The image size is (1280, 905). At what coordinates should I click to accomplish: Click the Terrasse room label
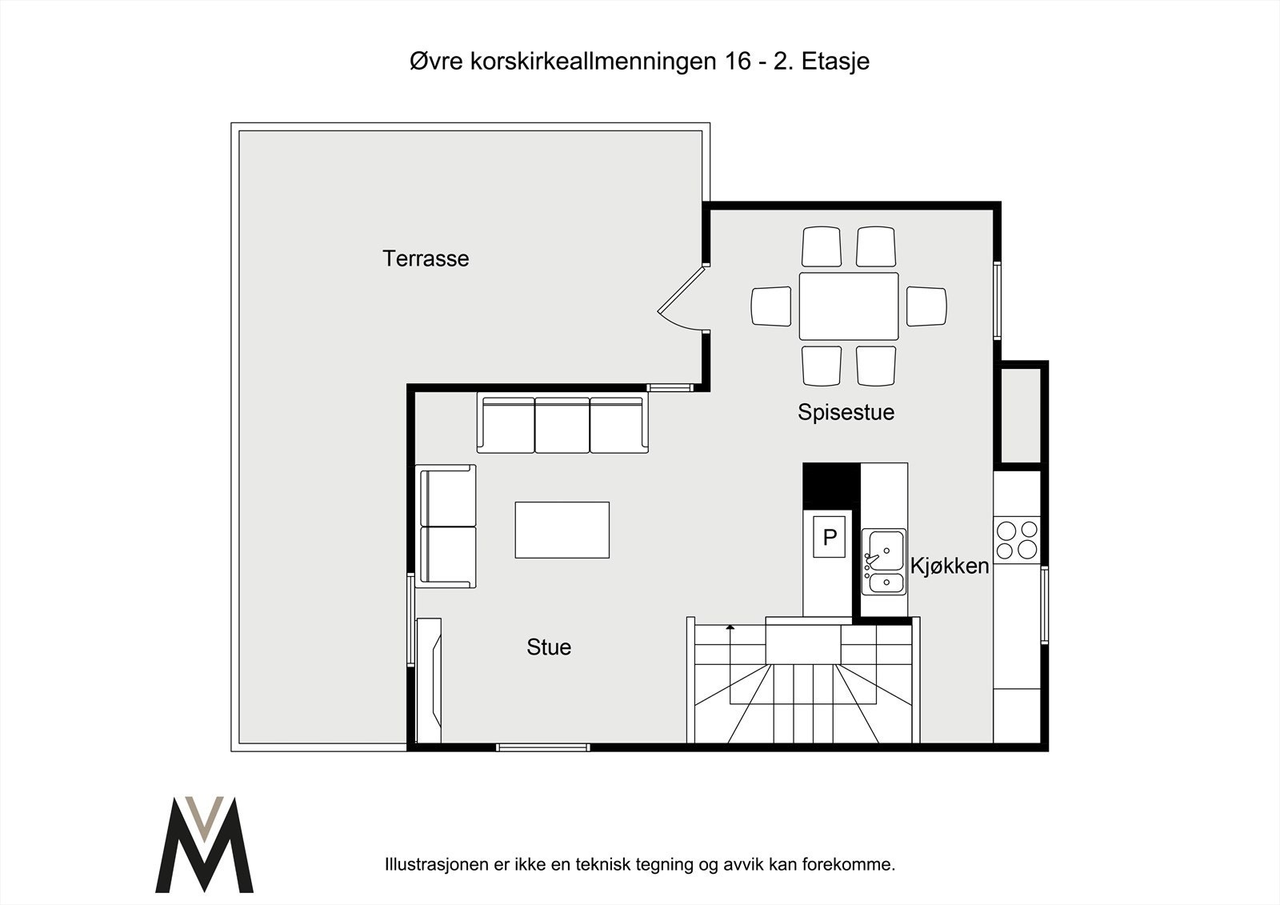pyautogui.click(x=426, y=258)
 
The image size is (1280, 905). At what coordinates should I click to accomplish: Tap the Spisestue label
pyautogui.click(x=846, y=412)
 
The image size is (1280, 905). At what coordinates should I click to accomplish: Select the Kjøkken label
pyautogui.click(x=950, y=566)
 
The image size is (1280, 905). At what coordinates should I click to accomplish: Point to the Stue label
pyautogui.click(x=549, y=647)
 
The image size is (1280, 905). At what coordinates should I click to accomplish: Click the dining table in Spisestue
pyautogui.click(x=849, y=306)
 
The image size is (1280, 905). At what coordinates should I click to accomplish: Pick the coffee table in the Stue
pyautogui.click(x=562, y=530)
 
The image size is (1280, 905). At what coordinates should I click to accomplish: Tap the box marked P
pyautogui.click(x=829, y=537)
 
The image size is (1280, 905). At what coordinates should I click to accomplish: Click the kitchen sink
pyautogui.click(x=884, y=562)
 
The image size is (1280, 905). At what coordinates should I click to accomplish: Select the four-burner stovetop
pyautogui.click(x=1017, y=539)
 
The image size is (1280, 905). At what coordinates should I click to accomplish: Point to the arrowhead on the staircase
pyautogui.click(x=730, y=627)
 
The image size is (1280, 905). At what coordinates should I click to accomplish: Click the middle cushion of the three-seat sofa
pyautogui.click(x=562, y=426)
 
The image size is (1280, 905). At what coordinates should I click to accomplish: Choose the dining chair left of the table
pyautogui.click(x=771, y=306)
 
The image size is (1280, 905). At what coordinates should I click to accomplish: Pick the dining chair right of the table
pyautogui.click(x=926, y=306)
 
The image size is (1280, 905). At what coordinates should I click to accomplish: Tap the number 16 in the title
pyautogui.click(x=737, y=62)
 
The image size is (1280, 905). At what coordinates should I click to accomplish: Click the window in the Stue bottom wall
pyautogui.click(x=543, y=747)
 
